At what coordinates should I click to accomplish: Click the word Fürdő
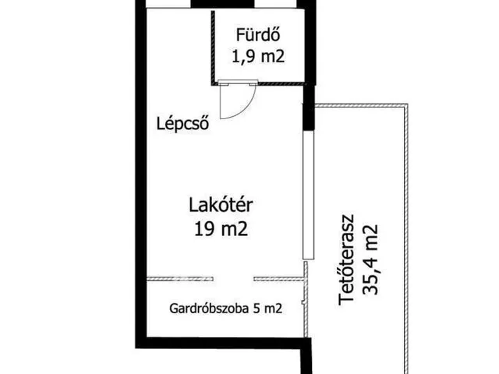click(x=257, y=35)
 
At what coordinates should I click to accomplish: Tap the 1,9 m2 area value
click(x=257, y=55)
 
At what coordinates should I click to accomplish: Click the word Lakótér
click(x=223, y=206)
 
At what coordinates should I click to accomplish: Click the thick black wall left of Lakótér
click(x=137, y=195)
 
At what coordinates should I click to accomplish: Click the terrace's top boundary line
click(x=363, y=105)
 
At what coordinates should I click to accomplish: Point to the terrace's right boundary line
click(x=408, y=234)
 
